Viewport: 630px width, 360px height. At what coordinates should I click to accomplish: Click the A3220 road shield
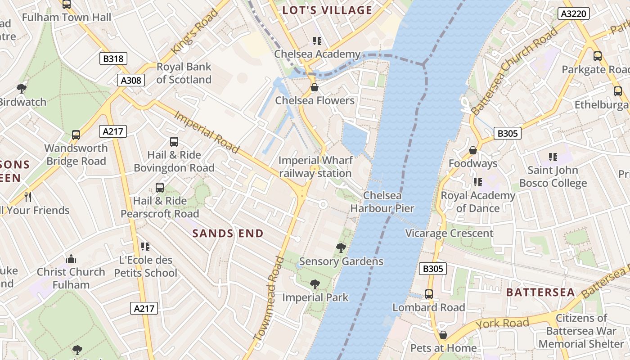[x=574, y=13]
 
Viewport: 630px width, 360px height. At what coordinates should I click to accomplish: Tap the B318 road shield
[x=113, y=58]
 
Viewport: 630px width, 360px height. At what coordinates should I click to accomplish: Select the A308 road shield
[x=131, y=80]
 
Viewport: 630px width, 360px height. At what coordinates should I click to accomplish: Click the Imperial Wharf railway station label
[x=315, y=167]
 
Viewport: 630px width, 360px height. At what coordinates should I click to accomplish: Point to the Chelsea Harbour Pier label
[x=382, y=202]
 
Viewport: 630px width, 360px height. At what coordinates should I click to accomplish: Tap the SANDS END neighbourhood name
[x=228, y=233]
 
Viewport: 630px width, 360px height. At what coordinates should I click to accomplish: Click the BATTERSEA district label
[x=540, y=292]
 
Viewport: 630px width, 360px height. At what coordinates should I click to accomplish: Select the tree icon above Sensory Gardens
[x=341, y=247]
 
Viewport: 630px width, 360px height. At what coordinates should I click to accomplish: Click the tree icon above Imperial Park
[x=315, y=284]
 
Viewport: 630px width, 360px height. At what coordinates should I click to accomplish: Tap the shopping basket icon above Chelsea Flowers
[x=315, y=87]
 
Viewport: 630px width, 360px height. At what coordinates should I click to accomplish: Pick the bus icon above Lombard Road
[x=429, y=294]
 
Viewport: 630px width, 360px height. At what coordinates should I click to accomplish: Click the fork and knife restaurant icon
[x=28, y=197]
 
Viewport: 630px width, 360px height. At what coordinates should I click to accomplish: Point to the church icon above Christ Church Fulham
[x=71, y=259]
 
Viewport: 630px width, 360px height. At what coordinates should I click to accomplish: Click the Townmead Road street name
[x=269, y=298]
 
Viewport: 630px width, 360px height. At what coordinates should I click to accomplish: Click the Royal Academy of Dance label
[x=477, y=202]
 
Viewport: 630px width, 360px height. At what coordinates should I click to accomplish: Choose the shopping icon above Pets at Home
[x=443, y=335]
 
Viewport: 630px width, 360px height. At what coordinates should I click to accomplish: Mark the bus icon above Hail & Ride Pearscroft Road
[x=159, y=187]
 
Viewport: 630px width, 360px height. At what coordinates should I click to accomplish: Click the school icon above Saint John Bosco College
[x=553, y=157]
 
